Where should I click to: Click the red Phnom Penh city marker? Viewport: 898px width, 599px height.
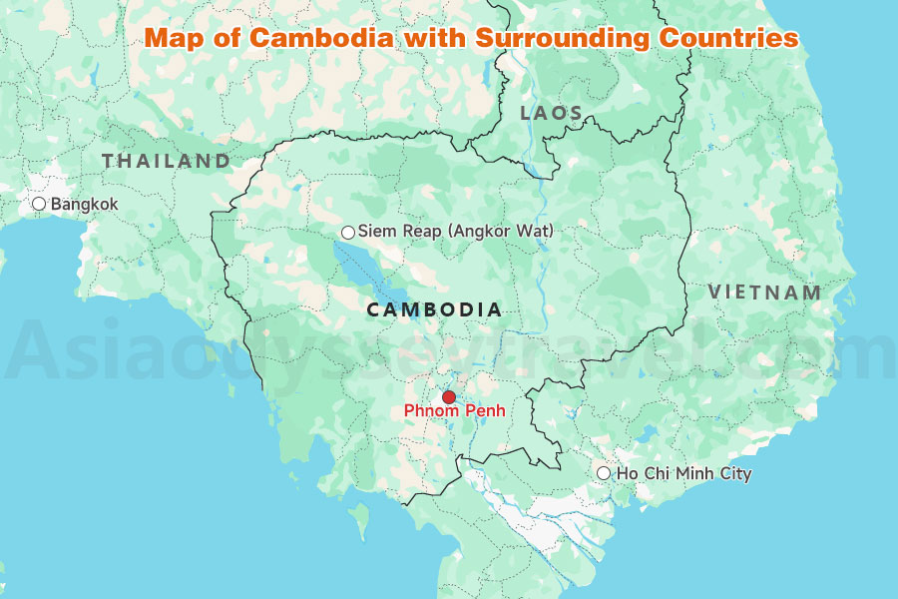449,396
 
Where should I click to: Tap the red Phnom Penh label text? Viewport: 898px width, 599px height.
454,411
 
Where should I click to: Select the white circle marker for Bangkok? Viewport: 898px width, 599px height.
39,204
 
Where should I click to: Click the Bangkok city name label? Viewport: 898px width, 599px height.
85,205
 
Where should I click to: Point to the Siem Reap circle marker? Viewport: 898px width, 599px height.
348,233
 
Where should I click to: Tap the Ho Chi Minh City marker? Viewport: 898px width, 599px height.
604,473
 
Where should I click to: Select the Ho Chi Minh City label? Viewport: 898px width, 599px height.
684,474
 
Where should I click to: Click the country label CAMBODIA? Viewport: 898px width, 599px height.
435,310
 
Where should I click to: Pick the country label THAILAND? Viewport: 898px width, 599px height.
166,161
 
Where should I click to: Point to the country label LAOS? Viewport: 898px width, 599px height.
552,114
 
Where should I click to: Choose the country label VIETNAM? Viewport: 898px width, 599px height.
764,294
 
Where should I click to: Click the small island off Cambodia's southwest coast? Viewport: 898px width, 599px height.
357,520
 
